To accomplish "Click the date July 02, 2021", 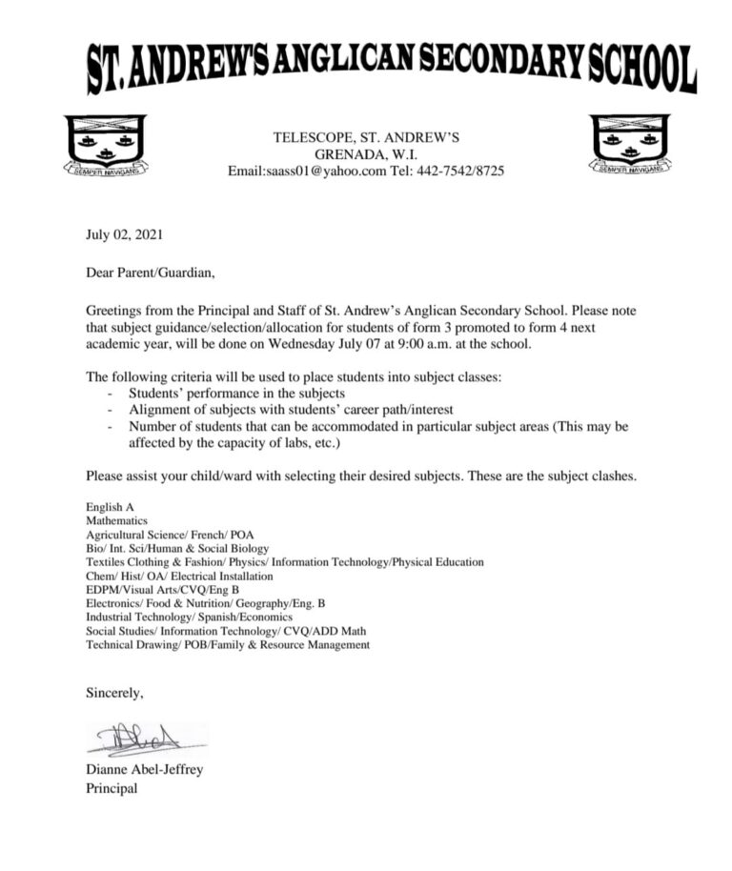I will [118, 233].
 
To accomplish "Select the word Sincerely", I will [114, 692].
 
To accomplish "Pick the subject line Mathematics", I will [116, 522].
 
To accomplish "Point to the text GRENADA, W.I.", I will [366, 154].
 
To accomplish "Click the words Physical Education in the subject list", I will [437, 562].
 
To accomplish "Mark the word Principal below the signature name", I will [112, 788].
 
